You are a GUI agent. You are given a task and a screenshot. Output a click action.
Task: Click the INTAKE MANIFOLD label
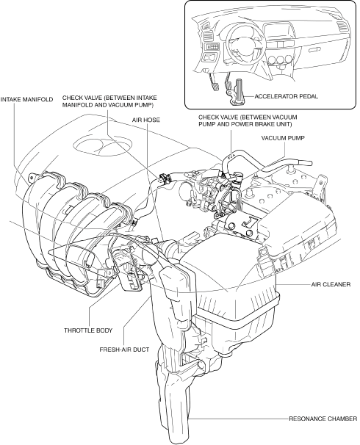26,99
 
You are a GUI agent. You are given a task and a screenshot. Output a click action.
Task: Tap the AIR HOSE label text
146,120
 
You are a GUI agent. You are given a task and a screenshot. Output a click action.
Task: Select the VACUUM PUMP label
283,138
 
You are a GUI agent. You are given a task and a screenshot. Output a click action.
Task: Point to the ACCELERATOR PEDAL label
287,96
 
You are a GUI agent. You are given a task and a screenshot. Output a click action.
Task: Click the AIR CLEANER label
331,284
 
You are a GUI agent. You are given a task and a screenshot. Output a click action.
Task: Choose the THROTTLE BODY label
88,330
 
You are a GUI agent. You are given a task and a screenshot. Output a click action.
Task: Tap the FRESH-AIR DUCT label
124,350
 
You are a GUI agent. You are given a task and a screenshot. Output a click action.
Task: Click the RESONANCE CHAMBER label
323,419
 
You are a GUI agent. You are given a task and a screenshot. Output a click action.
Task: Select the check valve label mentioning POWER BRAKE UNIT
248,120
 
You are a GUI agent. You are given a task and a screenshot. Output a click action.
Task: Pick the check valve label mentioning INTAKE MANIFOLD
109,101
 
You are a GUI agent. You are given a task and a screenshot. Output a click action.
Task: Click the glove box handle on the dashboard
314,50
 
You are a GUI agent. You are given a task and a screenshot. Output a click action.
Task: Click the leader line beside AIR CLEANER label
293,284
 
